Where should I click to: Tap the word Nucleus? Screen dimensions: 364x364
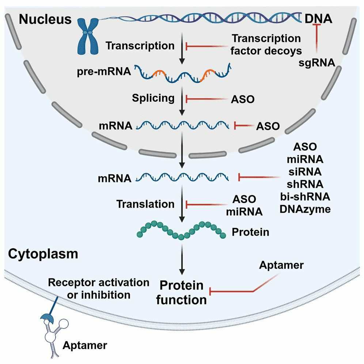[x=45, y=19]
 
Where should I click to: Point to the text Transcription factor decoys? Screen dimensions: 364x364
[x=266, y=44]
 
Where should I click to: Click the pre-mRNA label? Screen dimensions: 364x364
[x=104, y=72]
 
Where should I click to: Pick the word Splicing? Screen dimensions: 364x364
[x=154, y=98]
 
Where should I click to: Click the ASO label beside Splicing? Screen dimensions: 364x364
[x=243, y=99]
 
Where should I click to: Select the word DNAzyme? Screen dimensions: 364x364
[x=305, y=209]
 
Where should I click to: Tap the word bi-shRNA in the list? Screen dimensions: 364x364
[x=305, y=197]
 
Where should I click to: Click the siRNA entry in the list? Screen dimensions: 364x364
[x=305, y=172]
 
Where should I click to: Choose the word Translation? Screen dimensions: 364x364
[x=145, y=204]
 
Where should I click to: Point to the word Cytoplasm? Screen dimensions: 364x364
[x=43, y=254]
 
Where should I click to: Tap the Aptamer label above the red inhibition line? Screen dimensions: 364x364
[x=281, y=265]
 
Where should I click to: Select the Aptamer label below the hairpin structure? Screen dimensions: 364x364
[x=85, y=345]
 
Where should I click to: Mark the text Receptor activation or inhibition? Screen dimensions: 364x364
[x=99, y=288]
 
